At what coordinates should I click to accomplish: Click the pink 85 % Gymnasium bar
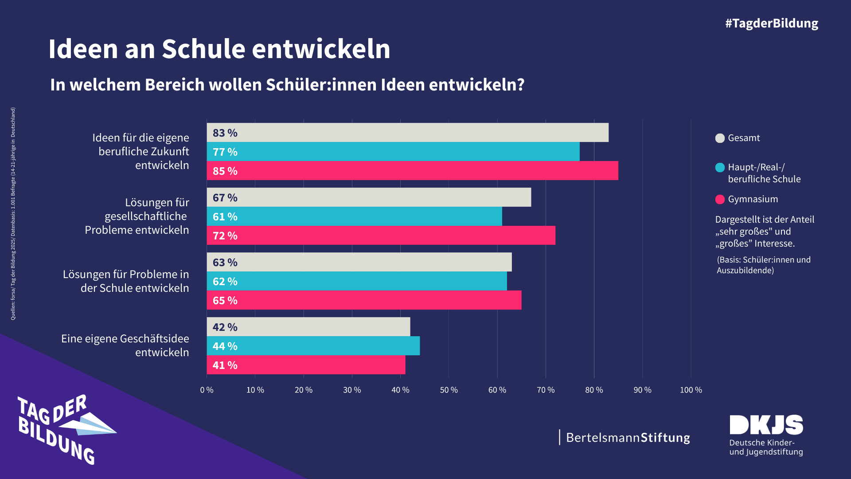point(412,171)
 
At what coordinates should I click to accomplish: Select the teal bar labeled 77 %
point(393,152)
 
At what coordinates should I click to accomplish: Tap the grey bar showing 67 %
point(369,197)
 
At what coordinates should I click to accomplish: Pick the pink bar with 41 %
point(306,365)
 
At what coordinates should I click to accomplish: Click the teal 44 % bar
point(313,346)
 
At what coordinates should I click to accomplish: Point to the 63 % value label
point(225,263)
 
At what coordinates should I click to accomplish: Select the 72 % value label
point(225,236)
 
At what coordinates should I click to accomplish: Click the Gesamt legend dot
point(720,138)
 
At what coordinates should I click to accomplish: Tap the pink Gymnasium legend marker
point(720,200)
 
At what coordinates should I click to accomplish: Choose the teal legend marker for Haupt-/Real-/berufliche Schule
point(720,168)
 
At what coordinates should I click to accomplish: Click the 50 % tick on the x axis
point(449,390)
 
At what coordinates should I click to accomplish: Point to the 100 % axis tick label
point(691,390)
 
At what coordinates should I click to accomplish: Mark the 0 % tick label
point(207,390)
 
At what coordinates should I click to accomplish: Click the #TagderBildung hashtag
point(771,24)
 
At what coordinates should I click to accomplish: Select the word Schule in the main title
point(203,49)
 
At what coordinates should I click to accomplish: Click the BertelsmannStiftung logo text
point(628,438)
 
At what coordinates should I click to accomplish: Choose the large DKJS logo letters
point(766,425)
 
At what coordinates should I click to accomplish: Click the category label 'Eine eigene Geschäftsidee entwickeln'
point(125,346)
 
